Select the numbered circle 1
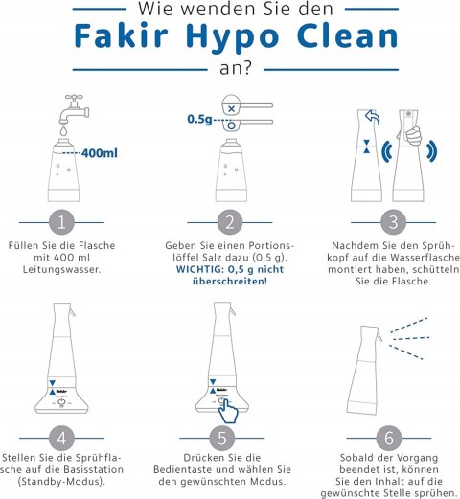[x=62, y=222]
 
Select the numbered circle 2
[x=230, y=222]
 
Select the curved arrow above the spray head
[x=372, y=119]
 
